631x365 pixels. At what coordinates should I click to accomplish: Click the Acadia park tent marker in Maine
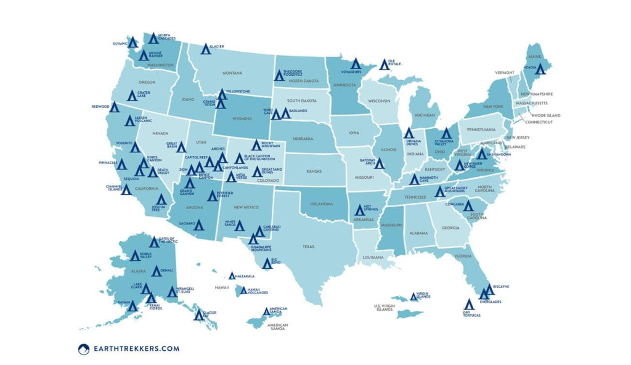(x=540, y=69)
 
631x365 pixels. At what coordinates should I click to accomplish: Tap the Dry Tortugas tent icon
(x=468, y=305)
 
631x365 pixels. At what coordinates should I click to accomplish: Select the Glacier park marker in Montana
(x=206, y=49)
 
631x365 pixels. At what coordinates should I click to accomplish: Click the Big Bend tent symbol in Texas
(x=267, y=263)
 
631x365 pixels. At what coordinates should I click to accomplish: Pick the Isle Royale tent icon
(x=383, y=64)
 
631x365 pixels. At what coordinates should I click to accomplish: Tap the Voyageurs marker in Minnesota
(x=355, y=64)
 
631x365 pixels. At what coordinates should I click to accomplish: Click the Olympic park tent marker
(x=132, y=43)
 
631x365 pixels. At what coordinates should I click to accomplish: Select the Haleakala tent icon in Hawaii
(x=232, y=276)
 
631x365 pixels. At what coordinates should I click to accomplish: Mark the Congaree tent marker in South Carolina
(x=468, y=206)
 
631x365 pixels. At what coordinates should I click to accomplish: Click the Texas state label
(x=308, y=246)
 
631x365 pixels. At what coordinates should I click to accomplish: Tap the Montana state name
(x=232, y=73)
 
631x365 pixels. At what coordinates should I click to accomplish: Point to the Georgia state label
(x=451, y=228)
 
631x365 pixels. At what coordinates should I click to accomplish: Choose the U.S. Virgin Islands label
(x=384, y=308)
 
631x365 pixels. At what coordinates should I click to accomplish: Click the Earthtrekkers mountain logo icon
(x=84, y=349)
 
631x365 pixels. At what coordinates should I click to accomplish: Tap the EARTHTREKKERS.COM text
(x=136, y=349)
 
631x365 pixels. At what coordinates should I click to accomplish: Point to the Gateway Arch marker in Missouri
(x=380, y=163)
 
